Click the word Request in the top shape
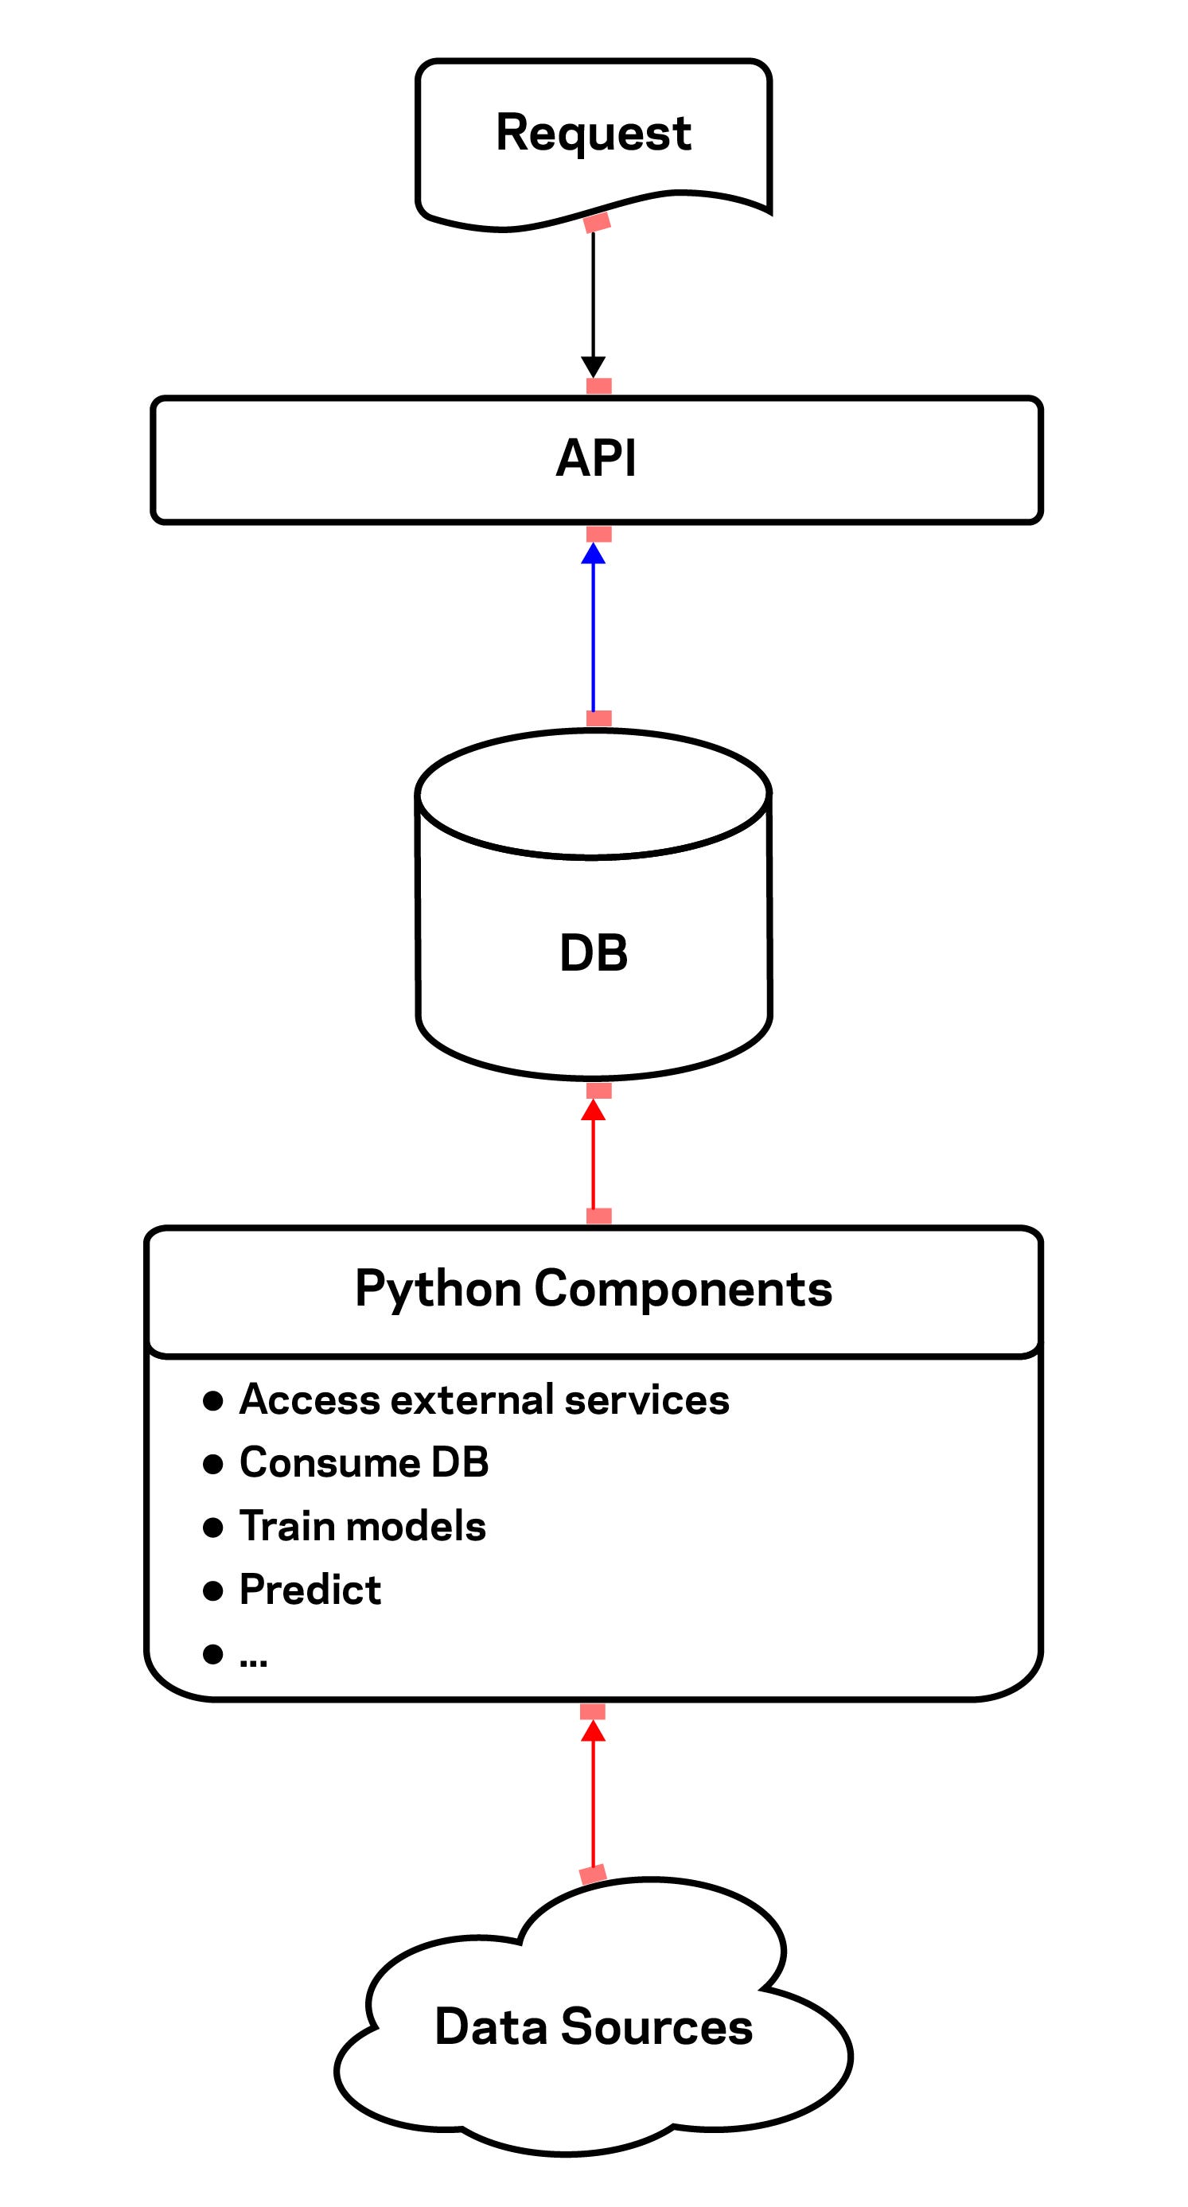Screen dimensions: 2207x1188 [x=593, y=134]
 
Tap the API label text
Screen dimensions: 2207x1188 [x=596, y=458]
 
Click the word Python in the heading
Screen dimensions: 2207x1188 [x=437, y=1290]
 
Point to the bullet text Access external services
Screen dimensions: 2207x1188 [x=484, y=1400]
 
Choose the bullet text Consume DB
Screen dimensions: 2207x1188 [x=364, y=1462]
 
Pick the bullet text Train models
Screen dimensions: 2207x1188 [x=362, y=1526]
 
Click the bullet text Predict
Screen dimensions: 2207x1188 [x=310, y=1590]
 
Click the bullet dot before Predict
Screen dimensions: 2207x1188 [x=212, y=1591]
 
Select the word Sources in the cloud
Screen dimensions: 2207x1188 [x=656, y=2027]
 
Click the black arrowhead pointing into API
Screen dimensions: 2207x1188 [x=593, y=367]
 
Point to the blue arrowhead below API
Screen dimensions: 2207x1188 [x=593, y=555]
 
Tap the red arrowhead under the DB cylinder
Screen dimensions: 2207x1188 [x=593, y=1111]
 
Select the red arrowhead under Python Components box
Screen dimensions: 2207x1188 [x=593, y=1731]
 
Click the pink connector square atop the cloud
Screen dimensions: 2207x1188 [x=593, y=1874]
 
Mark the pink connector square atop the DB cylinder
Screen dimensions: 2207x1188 [x=598, y=718]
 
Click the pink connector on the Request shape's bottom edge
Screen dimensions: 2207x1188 [x=597, y=222]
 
